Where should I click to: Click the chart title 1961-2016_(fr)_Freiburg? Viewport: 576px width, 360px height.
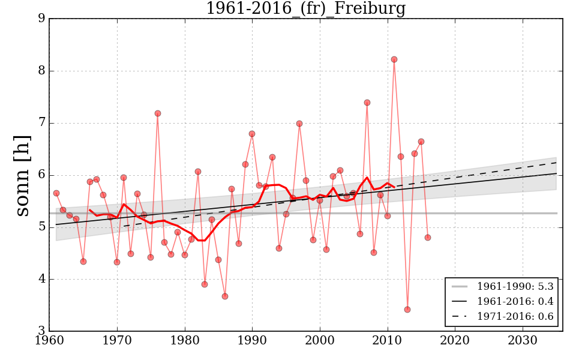point(305,9)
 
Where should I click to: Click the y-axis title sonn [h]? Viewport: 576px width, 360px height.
point(22,175)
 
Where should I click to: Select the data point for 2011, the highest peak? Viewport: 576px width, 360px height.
point(394,59)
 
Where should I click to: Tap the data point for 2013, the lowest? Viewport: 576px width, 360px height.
point(407,310)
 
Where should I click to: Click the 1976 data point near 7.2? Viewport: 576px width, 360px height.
point(158,113)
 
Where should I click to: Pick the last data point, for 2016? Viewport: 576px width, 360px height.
point(428,238)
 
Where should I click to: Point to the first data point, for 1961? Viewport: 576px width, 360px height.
point(56,193)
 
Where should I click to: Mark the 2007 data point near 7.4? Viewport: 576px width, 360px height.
point(367,103)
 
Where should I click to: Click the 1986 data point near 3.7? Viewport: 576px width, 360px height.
point(225,296)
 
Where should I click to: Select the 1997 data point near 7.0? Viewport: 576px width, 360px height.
point(299,124)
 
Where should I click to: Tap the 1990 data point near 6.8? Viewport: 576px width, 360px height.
point(252,134)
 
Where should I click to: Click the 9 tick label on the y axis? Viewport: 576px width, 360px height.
point(41,19)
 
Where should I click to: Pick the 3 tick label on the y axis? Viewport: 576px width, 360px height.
point(41,331)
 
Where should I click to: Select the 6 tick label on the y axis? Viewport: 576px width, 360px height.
point(41,175)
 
